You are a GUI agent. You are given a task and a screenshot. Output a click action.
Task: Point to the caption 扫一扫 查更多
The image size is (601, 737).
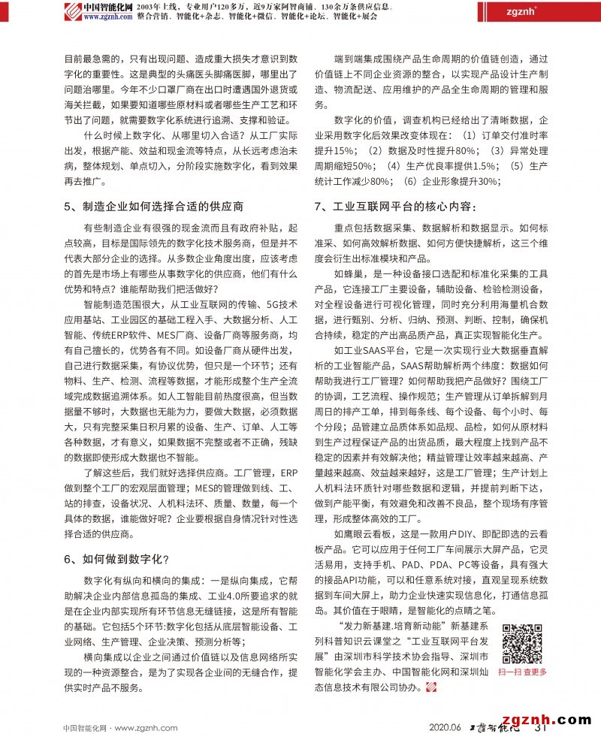522,672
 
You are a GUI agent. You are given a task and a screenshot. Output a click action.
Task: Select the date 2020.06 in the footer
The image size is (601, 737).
445,726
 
